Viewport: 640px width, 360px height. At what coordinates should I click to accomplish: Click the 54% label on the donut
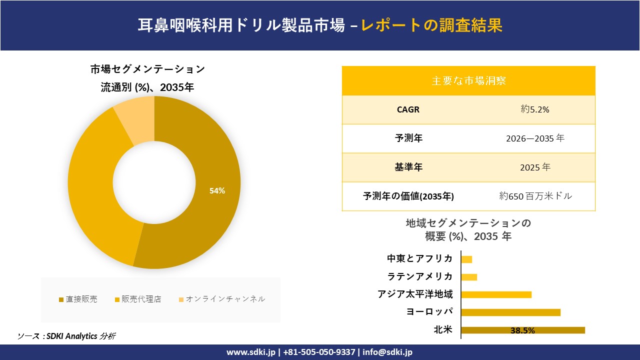click(217, 190)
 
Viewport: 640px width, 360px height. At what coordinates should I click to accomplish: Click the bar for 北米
click(522, 330)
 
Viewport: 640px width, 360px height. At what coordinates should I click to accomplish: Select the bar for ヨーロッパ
click(510, 312)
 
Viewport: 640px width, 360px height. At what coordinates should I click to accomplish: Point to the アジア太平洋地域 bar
click(496, 294)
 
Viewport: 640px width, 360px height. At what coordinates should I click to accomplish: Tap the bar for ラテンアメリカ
click(469, 277)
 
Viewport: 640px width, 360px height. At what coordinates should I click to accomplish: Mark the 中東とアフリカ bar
click(466, 259)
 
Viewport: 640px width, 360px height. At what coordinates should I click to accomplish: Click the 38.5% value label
click(522, 330)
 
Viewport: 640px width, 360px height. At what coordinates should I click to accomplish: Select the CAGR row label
click(408, 109)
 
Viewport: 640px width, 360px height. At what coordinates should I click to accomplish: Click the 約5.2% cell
click(535, 109)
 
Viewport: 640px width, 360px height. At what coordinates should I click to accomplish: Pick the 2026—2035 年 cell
click(535, 138)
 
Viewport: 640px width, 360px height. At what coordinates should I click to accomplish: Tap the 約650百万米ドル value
click(535, 196)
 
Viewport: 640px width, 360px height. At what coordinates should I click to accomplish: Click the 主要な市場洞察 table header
click(468, 80)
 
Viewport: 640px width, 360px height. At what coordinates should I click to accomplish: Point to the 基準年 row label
click(408, 167)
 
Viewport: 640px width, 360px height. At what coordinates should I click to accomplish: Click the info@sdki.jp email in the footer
click(387, 352)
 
